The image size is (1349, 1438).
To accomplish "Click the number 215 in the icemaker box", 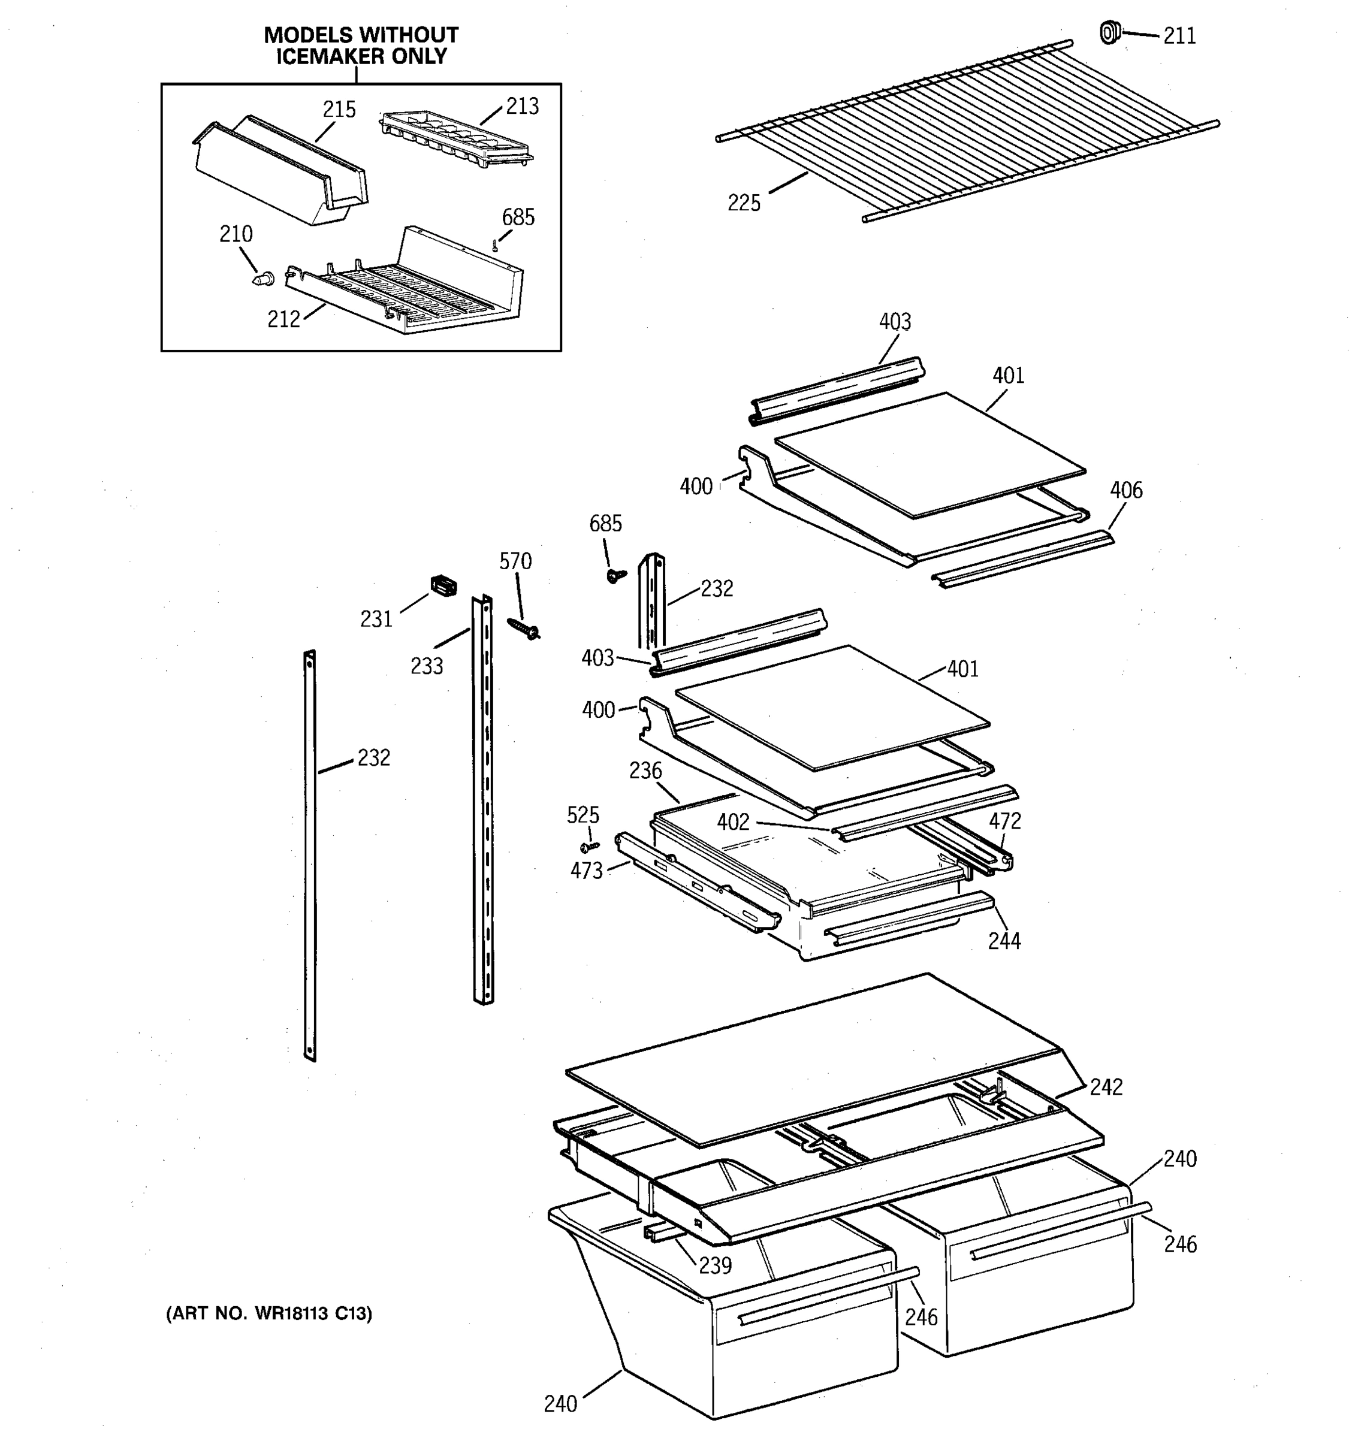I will pyautogui.click(x=339, y=110).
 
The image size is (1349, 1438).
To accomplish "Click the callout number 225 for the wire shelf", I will pyautogui.click(x=744, y=203).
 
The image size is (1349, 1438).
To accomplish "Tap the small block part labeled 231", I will pyautogui.click(x=443, y=585).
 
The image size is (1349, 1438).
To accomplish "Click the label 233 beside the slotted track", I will pyautogui.click(x=427, y=666).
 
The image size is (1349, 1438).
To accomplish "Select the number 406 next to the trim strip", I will pyautogui.click(x=1126, y=491).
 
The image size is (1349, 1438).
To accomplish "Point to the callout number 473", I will pyautogui.click(x=586, y=871).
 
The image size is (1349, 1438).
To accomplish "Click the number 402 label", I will pyautogui.click(x=734, y=823).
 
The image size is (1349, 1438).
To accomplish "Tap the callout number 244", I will pyautogui.click(x=1004, y=941).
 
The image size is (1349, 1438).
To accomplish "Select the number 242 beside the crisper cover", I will pyautogui.click(x=1106, y=1087).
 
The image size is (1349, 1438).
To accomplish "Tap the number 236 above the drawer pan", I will pyautogui.click(x=645, y=771).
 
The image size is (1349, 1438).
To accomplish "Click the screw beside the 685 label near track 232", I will pyautogui.click(x=616, y=576).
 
